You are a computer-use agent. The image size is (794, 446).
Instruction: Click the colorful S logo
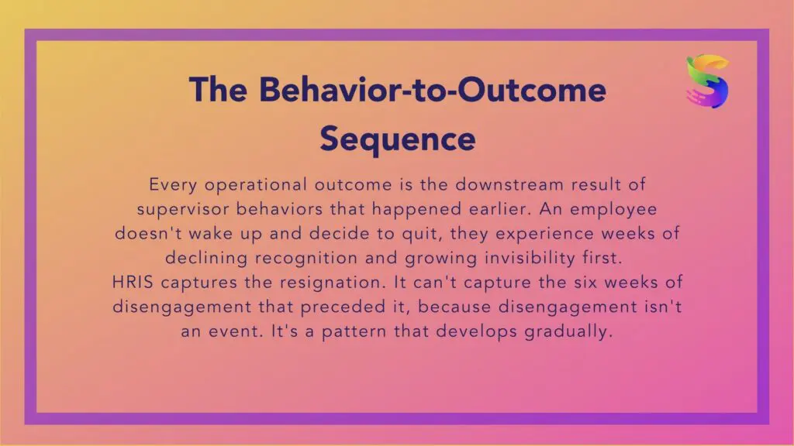coord(708,81)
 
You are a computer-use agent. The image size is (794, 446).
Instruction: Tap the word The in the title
coord(218,90)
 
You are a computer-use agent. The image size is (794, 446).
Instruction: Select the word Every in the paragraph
coord(173,185)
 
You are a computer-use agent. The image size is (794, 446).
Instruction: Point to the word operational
coord(256,185)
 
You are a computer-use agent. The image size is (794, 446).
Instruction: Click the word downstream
coord(509,184)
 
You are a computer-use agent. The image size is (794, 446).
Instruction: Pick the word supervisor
coord(183,210)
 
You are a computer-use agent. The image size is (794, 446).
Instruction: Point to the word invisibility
coord(530,259)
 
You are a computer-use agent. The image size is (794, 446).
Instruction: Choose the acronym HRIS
coord(133,282)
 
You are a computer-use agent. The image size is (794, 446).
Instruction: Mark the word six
coord(585,282)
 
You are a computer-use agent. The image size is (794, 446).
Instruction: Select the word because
coord(454,307)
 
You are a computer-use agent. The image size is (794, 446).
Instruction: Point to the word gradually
coord(568,331)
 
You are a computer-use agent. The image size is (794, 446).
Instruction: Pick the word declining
coord(206,259)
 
